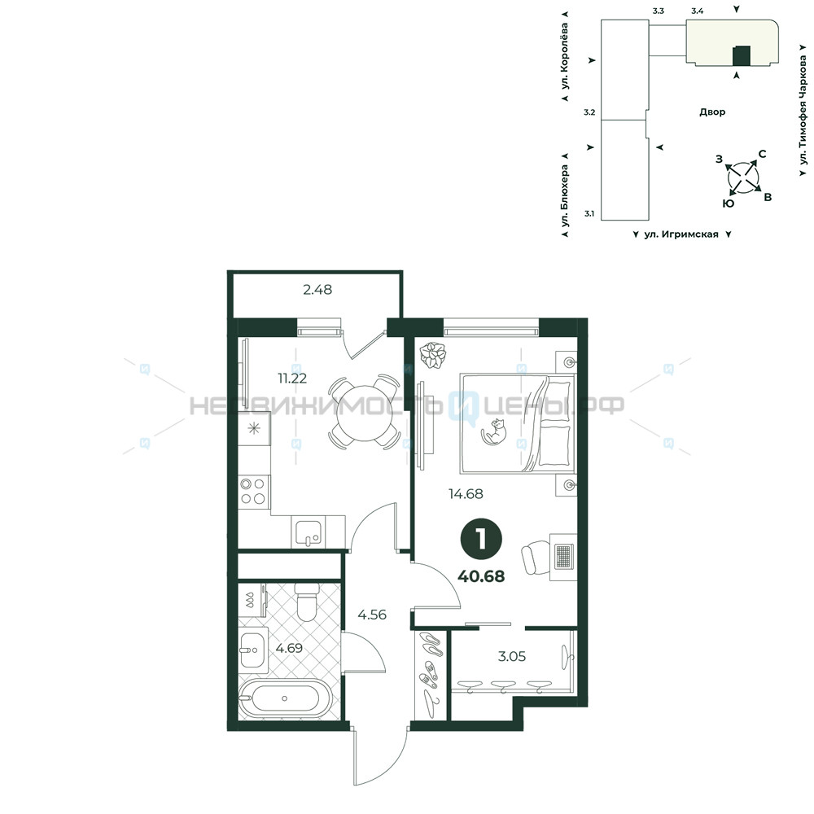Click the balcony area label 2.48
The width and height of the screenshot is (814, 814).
(317, 290)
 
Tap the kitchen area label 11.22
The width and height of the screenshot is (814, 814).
(292, 379)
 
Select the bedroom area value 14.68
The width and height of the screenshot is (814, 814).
(466, 494)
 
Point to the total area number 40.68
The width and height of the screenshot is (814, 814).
(481, 575)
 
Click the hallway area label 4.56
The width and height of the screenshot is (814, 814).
(372, 615)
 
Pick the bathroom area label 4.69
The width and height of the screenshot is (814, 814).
(289, 648)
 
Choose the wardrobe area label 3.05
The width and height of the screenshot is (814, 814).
(512, 656)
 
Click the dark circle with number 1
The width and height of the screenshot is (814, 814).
(481, 540)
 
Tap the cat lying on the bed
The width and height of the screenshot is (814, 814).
(494, 431)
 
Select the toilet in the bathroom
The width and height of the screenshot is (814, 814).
(306, 602)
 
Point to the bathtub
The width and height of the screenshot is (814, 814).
(285, 698)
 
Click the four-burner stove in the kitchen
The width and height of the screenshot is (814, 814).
(254, 492)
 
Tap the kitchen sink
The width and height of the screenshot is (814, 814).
(309, 532)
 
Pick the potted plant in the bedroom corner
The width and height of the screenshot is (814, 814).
(433, 356)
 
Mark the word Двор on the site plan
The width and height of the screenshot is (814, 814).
(712, 112)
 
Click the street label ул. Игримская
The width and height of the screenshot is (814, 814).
(681, 234)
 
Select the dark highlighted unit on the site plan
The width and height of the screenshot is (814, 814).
(741, 56)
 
